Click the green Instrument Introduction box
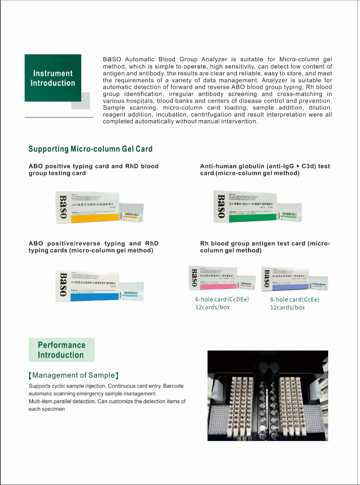53,78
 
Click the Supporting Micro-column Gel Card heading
90,149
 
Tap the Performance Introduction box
61,350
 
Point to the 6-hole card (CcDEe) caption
222,300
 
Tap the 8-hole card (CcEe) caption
295,300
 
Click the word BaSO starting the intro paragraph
112,59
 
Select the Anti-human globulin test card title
265,170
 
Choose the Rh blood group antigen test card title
265,247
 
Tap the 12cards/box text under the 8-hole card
287,308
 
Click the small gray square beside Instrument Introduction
80,101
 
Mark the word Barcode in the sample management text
173,386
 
